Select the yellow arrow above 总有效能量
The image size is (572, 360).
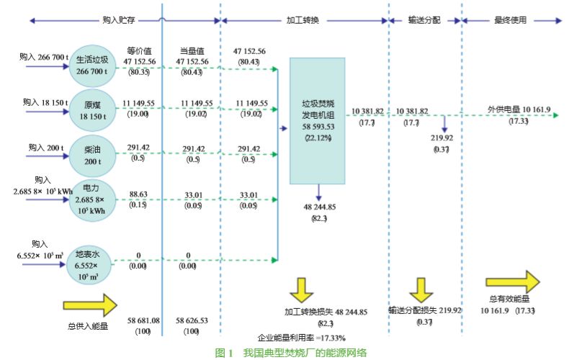tap(511, 282)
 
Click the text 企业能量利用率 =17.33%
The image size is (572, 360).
tap(302, 338)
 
